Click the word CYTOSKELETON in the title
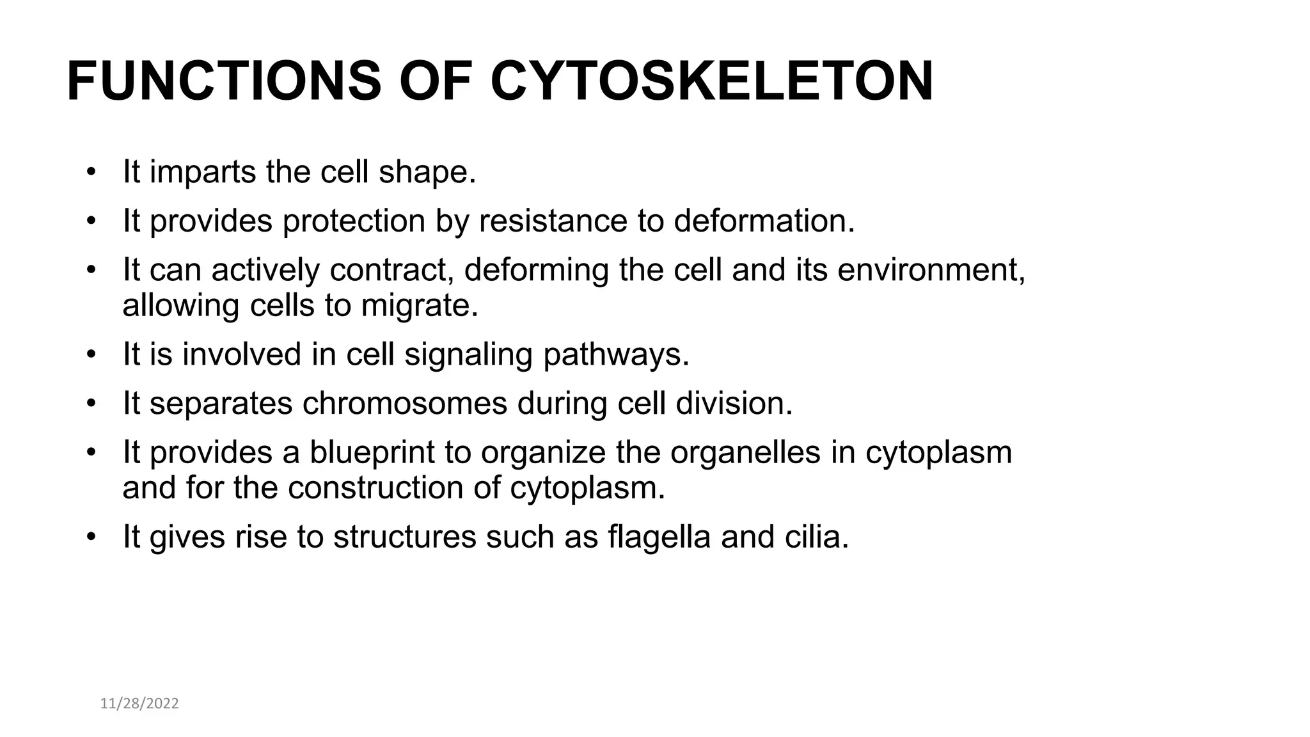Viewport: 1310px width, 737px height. coord(711,81)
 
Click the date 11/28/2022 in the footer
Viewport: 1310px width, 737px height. coord(139,704)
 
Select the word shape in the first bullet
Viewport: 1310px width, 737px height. coord(427,173)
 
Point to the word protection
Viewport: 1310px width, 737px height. coord(354,221)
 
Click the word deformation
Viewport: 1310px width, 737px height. coord(764,221)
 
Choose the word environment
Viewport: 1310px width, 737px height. coord(931,269)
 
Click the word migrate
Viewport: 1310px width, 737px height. coord(419,305)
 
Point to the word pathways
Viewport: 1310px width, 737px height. coord(616,354)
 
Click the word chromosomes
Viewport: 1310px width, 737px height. coord(404,403)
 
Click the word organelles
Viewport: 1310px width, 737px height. coord(745,452)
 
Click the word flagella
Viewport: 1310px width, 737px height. coord(659,536)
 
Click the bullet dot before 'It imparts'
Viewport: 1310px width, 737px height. coord(91,173)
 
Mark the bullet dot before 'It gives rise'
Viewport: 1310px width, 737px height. coord(91,536)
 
